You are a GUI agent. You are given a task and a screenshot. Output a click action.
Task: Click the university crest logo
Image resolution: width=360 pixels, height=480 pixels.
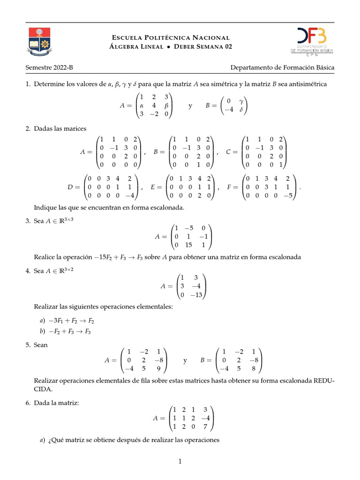point(39,41)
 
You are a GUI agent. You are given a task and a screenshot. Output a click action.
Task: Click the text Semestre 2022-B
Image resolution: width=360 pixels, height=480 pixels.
point(49,67)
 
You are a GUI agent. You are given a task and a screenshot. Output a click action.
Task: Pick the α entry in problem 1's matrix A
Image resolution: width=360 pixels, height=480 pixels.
point(142,105)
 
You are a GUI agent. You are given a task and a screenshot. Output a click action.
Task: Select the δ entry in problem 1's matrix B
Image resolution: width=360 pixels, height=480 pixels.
point(241,110)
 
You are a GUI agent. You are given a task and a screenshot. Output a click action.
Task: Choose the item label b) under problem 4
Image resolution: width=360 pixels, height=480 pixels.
point(42,331)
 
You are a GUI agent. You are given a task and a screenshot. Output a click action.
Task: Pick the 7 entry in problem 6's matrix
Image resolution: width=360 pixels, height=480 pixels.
point(205,427)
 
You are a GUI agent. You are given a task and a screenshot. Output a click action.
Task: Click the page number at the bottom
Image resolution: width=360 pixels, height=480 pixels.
point(180,462)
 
